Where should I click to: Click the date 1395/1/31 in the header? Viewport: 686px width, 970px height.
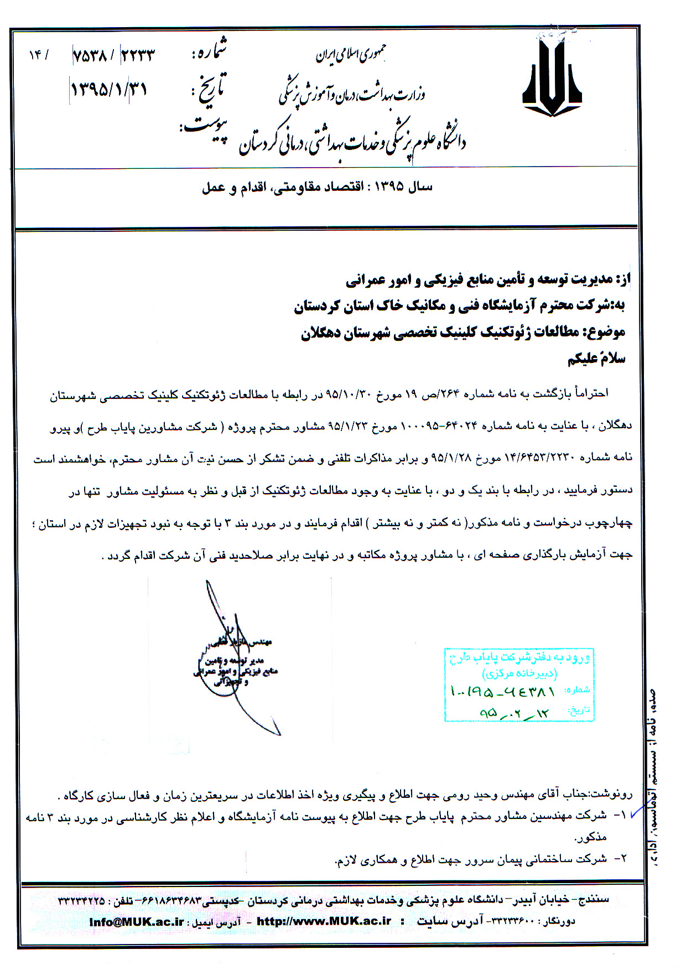(x=109, y=89)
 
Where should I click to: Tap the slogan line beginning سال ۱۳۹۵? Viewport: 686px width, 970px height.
(x=317, y=187)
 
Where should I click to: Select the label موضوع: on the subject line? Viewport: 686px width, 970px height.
(x=607, y=332)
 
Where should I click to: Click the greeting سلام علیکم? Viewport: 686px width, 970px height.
(x=596, y=359)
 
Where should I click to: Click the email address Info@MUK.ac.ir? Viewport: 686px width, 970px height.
(x=137, y=922)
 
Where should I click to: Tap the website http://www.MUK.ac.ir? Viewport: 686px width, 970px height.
(x=324, y=922)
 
